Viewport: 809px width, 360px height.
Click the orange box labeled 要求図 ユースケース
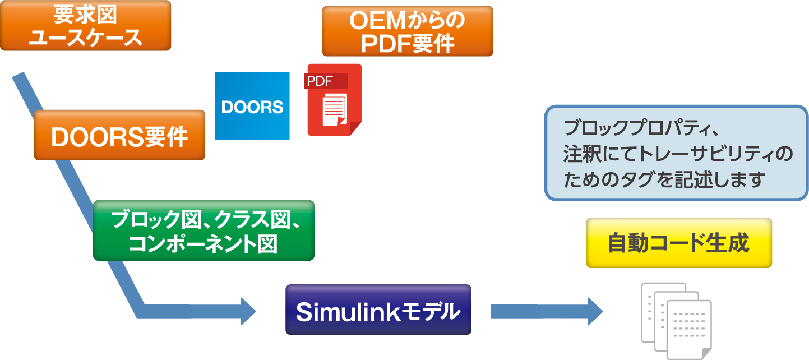[x=85, y=26]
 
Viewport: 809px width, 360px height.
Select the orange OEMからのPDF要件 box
[x=407, y=31]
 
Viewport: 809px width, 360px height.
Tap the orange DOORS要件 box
[x=119, y=135]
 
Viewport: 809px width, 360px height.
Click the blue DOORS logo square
[x=252, y=106]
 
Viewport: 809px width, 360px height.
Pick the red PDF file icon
[x=334, y=100]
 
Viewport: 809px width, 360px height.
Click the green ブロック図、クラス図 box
[x=204, y=230]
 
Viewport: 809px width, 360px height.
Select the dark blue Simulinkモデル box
[x=378, y=310]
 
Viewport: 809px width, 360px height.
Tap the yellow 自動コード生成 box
[x=678, y=243]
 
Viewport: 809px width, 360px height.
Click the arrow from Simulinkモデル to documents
[x=546, y=311]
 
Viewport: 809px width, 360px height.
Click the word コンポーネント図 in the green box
[x=204, y=244]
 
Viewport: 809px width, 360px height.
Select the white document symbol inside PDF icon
[x=334, y=110]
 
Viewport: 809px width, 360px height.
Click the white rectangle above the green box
[x=245, y=196]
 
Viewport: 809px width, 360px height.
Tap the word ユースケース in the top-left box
[x=85, y=38]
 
